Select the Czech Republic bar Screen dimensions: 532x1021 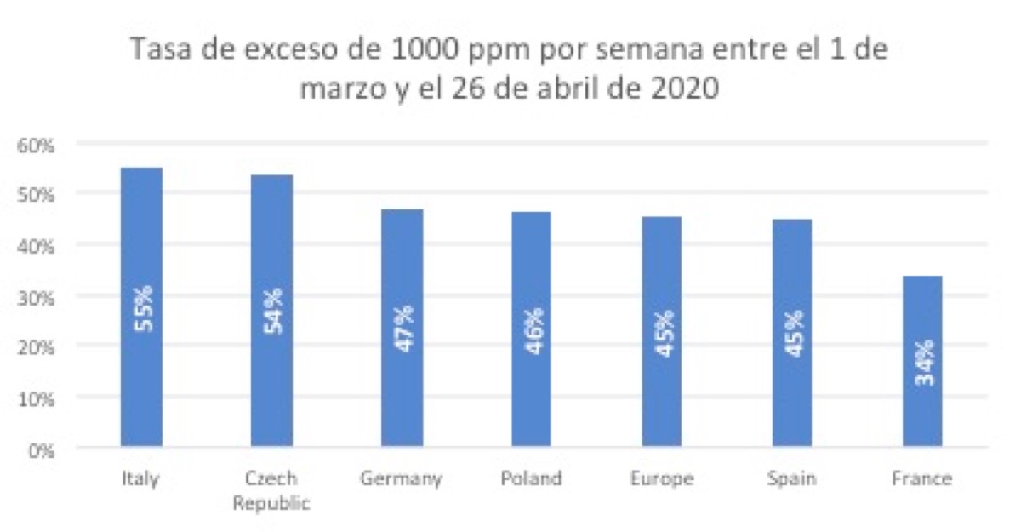coord(271,383)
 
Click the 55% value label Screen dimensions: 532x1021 coord(142,308)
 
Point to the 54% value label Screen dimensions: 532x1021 coord(272,312)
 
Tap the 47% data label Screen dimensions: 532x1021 coord(402,330)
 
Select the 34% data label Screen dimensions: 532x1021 coord(923,363)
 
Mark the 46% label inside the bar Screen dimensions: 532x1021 coord(533,331)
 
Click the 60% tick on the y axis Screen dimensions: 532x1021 coord(36,144)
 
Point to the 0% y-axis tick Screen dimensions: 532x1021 coord(40,449)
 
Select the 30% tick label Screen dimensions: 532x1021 coord(36,296)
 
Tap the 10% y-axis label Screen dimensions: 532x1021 coord(36,398)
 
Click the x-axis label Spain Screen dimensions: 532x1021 coord(791,479)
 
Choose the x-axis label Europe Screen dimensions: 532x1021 coord(662,479)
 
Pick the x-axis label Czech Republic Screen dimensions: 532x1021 coord(271,490)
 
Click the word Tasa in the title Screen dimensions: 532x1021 coord(157,52)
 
